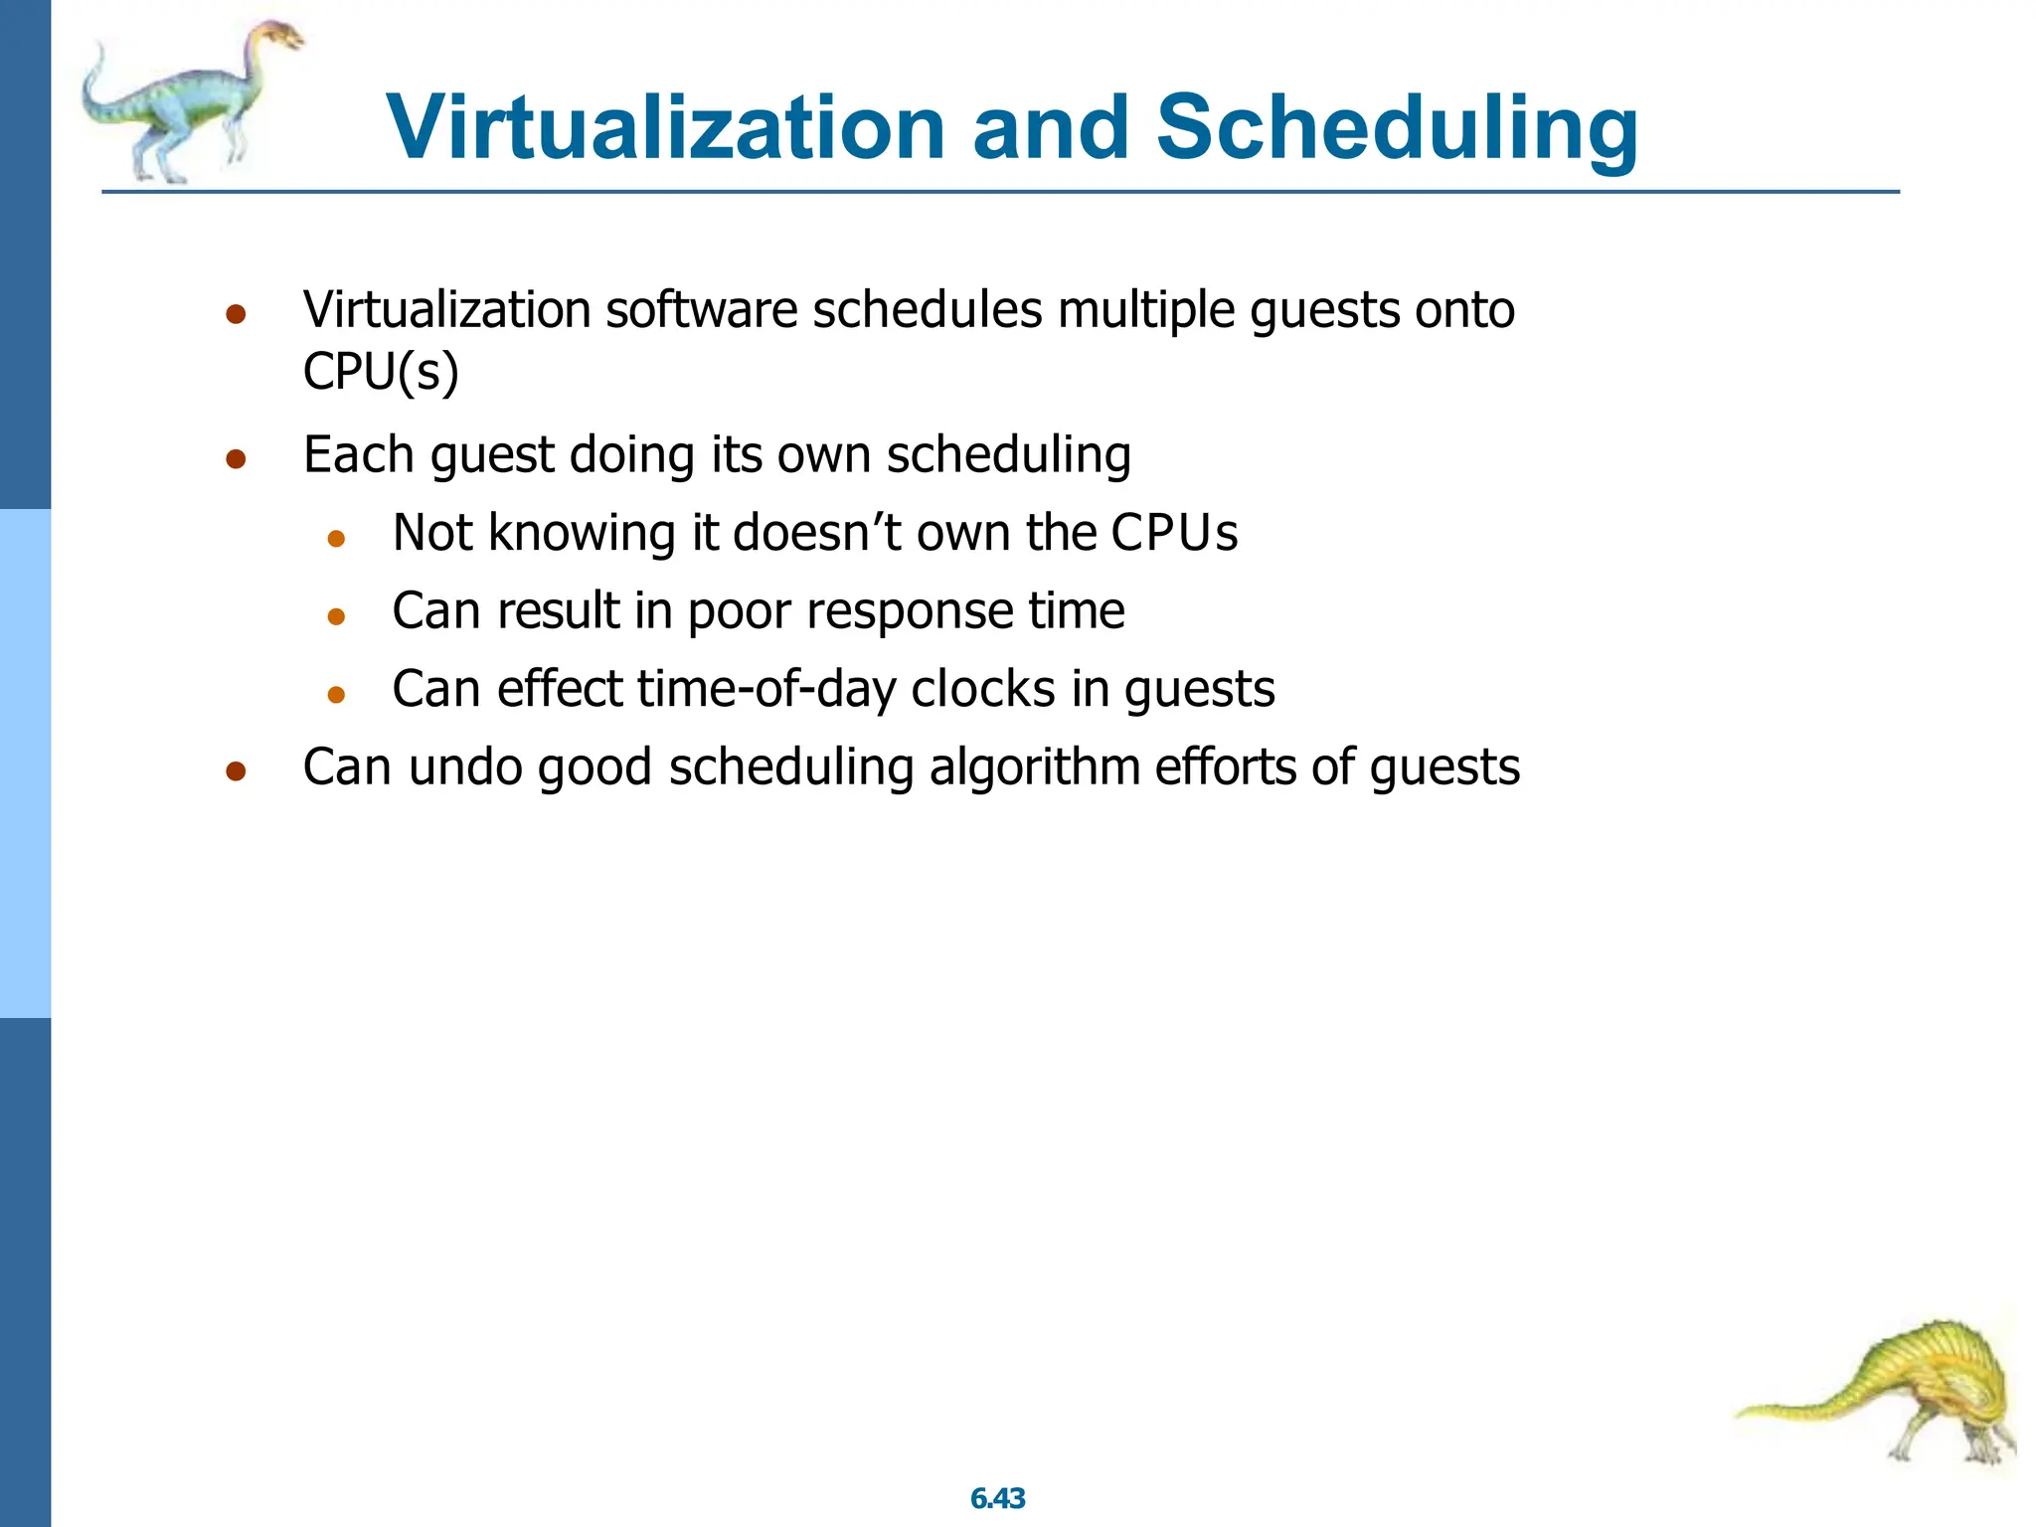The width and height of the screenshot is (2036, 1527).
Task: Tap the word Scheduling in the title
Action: coord(1396,129)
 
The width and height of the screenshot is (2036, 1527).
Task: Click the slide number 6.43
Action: coord(997,1498)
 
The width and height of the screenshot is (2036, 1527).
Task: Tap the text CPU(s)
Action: coord(381,372)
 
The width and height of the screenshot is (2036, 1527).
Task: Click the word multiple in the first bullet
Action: coord(1145,310)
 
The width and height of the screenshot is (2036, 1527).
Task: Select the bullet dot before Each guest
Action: coord(236,459)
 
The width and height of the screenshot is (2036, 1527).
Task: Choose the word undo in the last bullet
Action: coord(465,767)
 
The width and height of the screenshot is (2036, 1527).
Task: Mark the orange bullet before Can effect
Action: coord(336,695)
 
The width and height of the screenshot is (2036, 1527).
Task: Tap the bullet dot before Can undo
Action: coord(236,772)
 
